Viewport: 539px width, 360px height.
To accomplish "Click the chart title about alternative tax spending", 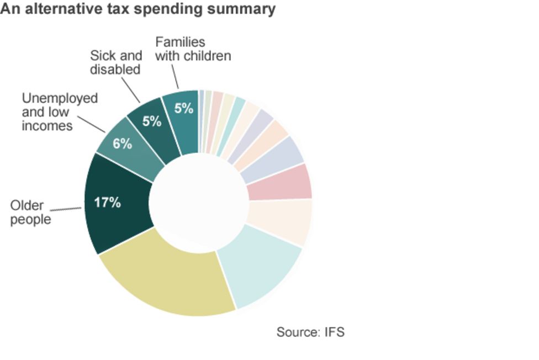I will tap(138, 9).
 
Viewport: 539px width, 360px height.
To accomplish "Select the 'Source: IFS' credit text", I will tap(310, 332).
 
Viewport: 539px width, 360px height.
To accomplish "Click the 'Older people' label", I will tap(30, 213).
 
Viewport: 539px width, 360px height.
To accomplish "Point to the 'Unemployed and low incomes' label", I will tap(59, 112).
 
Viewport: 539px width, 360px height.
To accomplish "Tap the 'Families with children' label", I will tap(192, 49).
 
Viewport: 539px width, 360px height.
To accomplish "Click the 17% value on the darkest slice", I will tap(107, 203).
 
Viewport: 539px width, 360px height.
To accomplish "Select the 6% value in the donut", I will tap(123, 144).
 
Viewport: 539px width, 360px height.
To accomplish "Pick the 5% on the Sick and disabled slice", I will tap(151, 120).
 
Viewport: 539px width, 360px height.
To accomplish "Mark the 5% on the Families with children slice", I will tap(184, 108).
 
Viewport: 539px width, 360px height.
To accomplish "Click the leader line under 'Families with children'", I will tap(175, 77).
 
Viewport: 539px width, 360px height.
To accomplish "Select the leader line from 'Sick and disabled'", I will tap(131, 91).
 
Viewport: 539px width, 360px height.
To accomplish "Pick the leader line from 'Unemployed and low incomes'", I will tap(91, 124).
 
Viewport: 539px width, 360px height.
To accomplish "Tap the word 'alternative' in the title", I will tap(62, 9).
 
